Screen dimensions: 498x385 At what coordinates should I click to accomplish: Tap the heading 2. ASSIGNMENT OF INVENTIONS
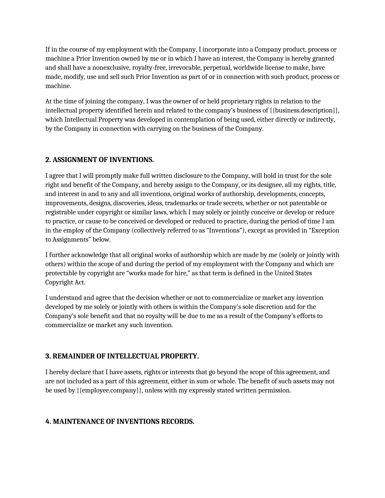100,160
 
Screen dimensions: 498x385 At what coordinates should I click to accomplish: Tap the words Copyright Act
65,283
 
